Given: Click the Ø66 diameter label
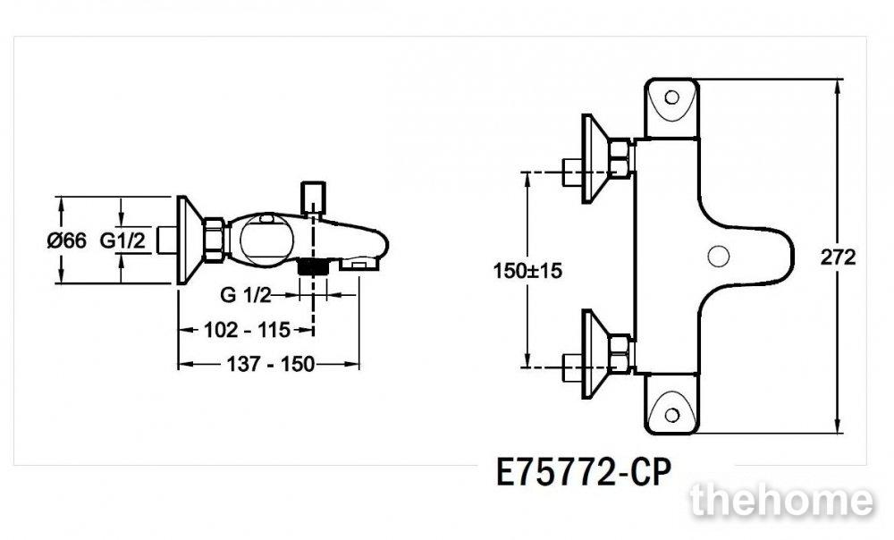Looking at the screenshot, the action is (x=67, y=240).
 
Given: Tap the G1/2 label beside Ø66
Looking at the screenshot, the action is (x=122, y=240).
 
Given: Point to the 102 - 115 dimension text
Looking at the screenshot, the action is (x=248, y=330).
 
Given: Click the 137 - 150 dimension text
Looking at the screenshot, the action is (x=271, y=364).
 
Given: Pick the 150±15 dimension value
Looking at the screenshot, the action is (x=527, y=270).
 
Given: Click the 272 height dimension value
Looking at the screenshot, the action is (x=839, y=257).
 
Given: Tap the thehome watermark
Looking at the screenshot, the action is (x=781, y=501).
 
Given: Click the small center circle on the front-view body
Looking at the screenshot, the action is (x=719, y=256).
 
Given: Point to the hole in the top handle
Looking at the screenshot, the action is (x=672, y=97).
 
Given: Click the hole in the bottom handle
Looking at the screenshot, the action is (x=672, y=415).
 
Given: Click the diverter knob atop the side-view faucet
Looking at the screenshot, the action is (x=313, y=198).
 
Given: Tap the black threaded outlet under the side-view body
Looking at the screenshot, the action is (x=312, y=266).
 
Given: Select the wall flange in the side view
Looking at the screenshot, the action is (x=190, y=240).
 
